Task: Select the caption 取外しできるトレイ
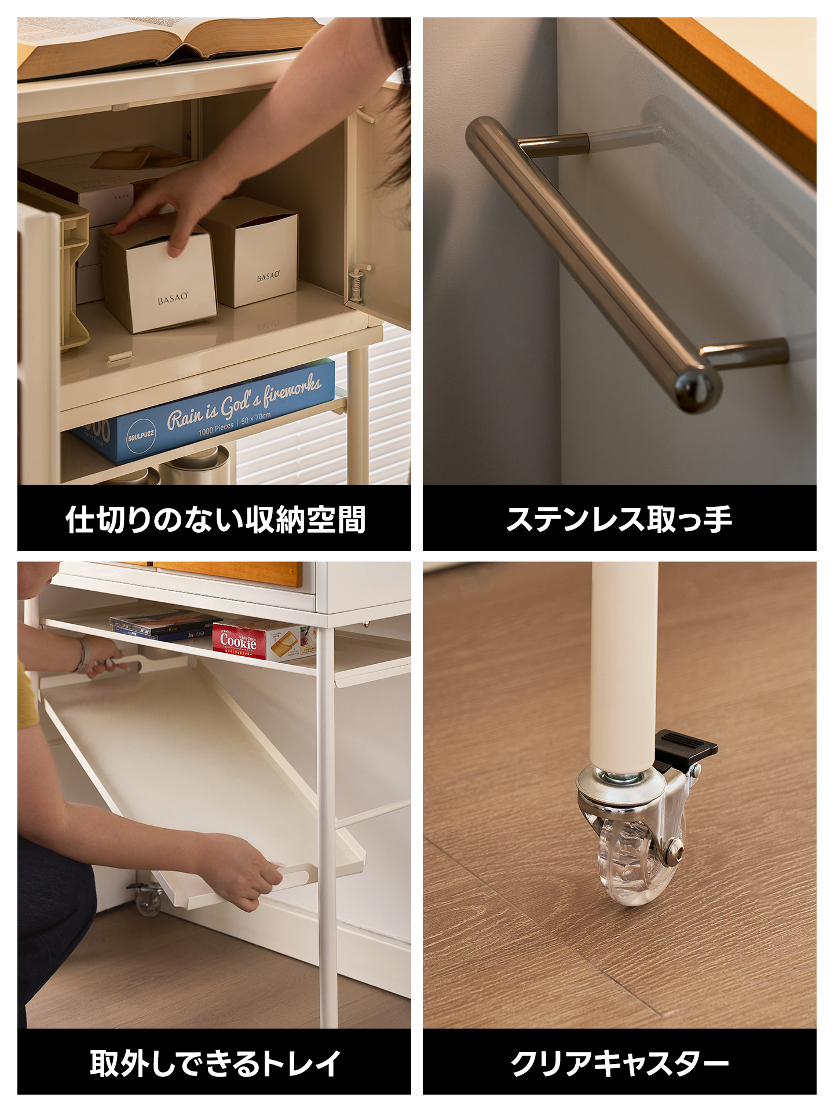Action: [x=214, y=1063]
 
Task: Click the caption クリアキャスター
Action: [x=619, y=1063]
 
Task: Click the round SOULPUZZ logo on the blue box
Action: [x=141, y=436]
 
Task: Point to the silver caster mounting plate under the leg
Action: [x=620, y=785]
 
